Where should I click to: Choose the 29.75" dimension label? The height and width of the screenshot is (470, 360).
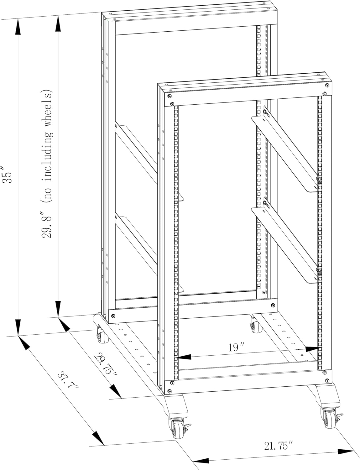click(106, 365)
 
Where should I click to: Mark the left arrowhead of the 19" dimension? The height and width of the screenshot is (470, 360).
click(183, 357)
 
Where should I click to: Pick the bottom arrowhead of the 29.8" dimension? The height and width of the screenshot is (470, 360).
click(58, 309)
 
